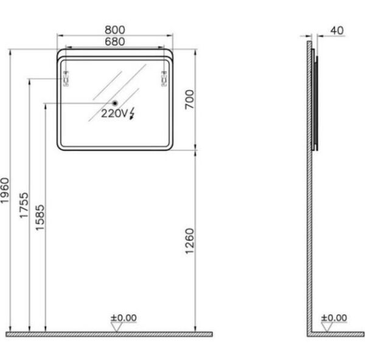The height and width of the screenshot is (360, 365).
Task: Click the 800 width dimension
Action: tap(115, 29)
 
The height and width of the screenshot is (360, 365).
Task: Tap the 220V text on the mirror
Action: tap(114, 113)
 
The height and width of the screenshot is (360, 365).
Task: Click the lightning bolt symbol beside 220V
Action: tap(133, 113)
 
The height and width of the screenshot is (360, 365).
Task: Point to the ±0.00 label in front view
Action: tap(123, 317)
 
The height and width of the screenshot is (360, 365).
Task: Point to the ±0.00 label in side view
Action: tap(333, 317)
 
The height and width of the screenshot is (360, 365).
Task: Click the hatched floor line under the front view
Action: tap(109, 334)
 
